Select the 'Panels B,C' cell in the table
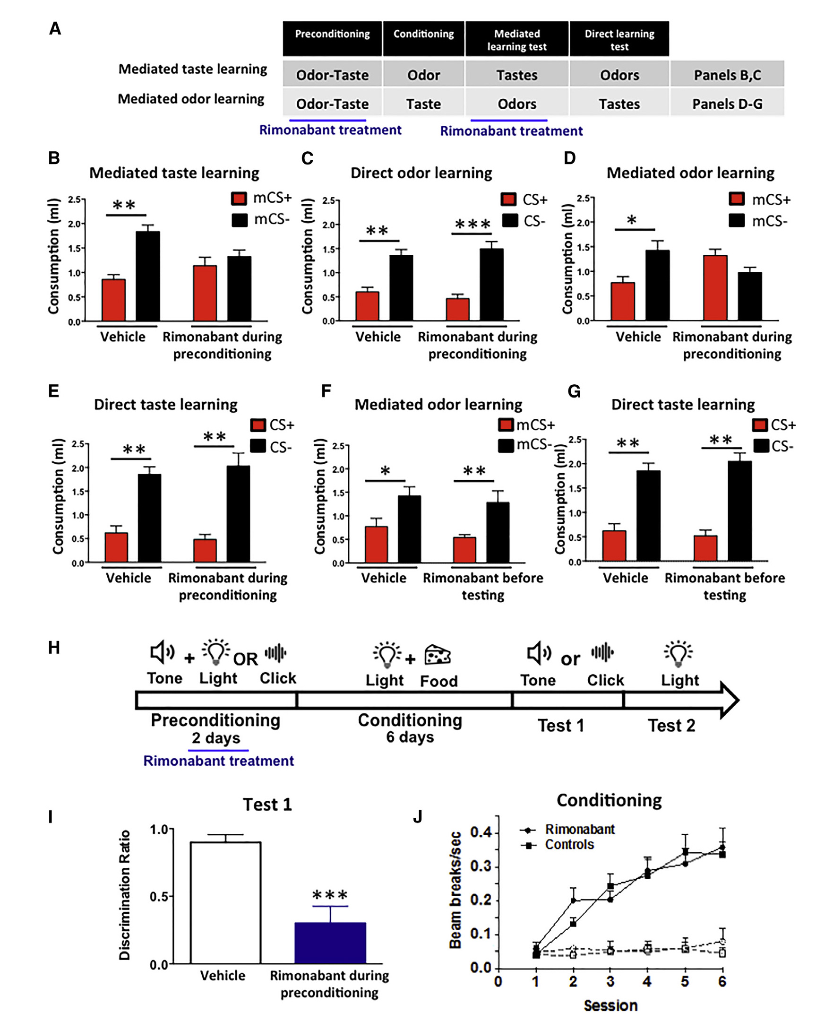click(727, 75)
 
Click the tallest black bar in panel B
click(148, 276)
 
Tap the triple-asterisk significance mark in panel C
click(472, 225)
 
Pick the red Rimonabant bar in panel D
click(715, 287)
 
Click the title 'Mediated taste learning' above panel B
click(174, 173)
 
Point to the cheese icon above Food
click(437, 655)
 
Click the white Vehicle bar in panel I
click(225, 902)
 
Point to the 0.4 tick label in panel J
click(481, 832)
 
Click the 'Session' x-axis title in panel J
click(610, 1005)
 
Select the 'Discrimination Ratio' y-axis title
click(124, 895)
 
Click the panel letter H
click(54, 648)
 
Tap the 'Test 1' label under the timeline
click(560, 725)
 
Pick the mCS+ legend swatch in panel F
click(505, 425)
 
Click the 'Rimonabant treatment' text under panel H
click(218, 761)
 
